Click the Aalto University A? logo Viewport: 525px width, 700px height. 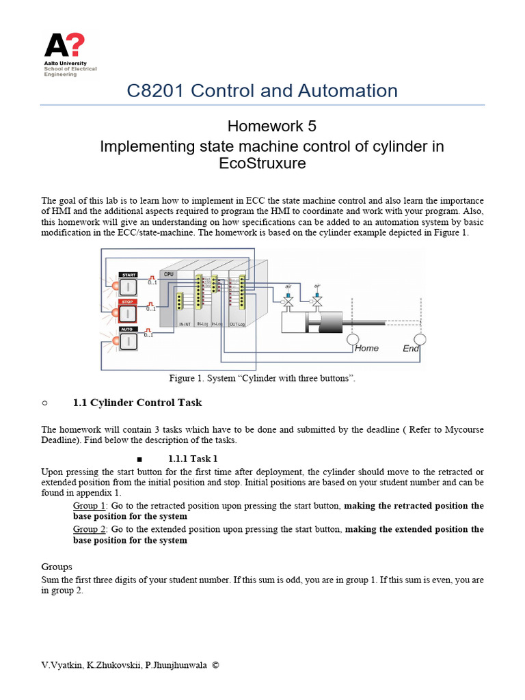click(x=64, y=46)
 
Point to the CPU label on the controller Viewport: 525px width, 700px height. click(x=169, y=273)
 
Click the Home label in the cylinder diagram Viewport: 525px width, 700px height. click(x=366, y=348)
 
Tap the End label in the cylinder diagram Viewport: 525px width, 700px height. click(x=411, y=348)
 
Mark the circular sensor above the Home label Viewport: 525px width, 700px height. click(x=353, y=339)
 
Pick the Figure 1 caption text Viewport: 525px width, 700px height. click(x=262, y=378)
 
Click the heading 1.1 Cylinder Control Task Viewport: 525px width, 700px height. click(x=137, y=403)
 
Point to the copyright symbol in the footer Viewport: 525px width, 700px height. click(x=216, y=664)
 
